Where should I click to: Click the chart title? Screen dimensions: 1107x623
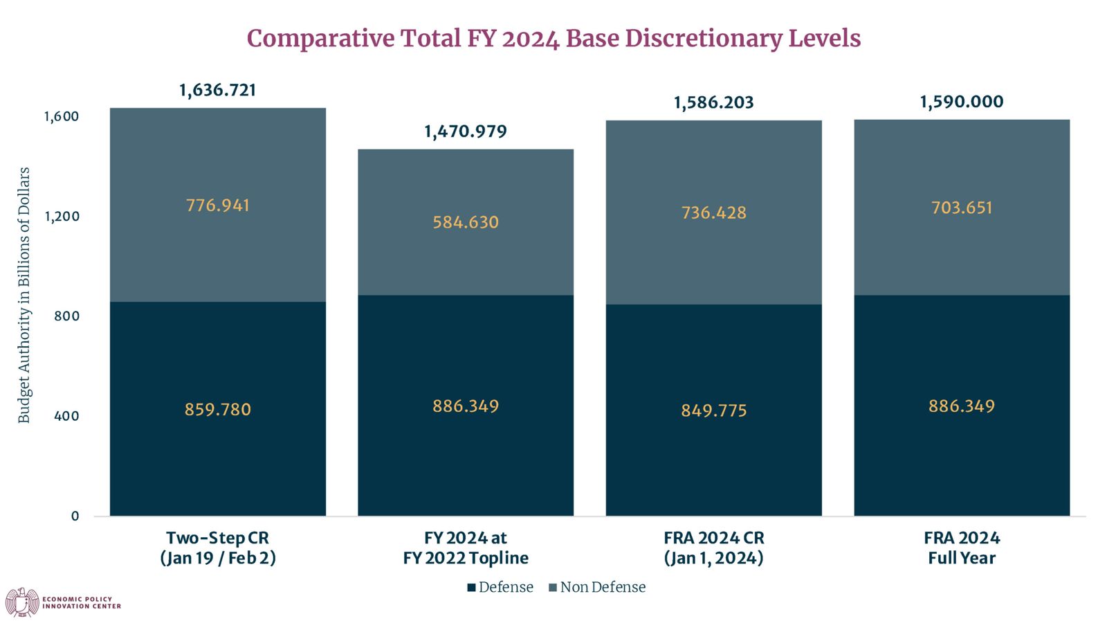(553, 39)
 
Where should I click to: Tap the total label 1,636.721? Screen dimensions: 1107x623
(217, 91)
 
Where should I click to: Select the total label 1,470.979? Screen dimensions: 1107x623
(466, 132)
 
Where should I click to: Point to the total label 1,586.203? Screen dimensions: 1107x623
(713, 103)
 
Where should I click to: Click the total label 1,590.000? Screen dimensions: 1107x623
(962, 102)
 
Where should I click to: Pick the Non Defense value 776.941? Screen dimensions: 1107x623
(217, 205)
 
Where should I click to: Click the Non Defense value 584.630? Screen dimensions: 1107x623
(466, 222)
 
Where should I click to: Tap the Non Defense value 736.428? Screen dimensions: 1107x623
(713, 213)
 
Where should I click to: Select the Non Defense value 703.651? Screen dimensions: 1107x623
(962, 208)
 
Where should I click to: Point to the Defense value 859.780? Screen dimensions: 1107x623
(217, 409)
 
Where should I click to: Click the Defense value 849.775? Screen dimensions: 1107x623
(713, 410)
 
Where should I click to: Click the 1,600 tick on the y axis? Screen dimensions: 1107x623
(62, 117)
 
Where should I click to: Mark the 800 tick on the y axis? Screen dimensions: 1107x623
(66, 316)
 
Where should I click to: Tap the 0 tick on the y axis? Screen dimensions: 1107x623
(75, 516)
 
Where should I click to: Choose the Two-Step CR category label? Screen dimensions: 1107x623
(217, 548)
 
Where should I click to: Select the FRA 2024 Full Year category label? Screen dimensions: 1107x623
(962, 548)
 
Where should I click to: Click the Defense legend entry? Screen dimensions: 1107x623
(500, 588)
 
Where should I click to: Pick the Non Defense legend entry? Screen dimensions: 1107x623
(598, 588)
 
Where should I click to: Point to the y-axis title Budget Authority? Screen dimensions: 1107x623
(24, 295)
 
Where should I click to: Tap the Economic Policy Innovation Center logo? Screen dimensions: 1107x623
(63, 602)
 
